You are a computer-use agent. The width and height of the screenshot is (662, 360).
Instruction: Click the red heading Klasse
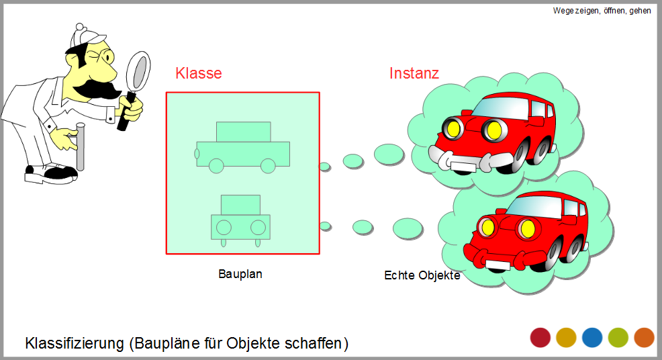(x=199, y=73)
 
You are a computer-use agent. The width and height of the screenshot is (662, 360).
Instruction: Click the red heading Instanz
(x=414, y=73)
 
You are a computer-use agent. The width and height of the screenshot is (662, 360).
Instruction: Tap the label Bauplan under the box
(x=240, y=274)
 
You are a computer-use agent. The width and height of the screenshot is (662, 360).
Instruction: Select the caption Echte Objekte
(x=422, y=275)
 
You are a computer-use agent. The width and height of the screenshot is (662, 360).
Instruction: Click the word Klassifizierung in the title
(x=75, y=343)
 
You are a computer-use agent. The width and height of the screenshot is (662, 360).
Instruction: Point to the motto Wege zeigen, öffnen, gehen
(x=602, y=11)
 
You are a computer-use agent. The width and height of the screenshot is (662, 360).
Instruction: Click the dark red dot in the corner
(x=540, y=338)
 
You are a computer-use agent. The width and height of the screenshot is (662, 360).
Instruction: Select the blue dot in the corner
(x=592, y=338)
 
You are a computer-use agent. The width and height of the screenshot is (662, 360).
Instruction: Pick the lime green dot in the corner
(x=618, y=338)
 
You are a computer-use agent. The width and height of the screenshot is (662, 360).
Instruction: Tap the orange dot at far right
(x=645, y=338)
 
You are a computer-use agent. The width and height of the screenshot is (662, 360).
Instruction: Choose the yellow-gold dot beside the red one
(x=566, y=338)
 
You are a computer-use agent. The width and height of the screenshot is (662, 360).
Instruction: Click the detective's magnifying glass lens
(x=140, y=71)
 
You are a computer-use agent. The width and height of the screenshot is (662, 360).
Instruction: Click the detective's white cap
(x=86, y=37)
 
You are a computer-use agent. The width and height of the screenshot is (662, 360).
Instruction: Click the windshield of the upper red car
(x=501, y=107)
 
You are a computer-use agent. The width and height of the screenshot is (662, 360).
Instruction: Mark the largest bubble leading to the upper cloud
(x=389, y=154)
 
